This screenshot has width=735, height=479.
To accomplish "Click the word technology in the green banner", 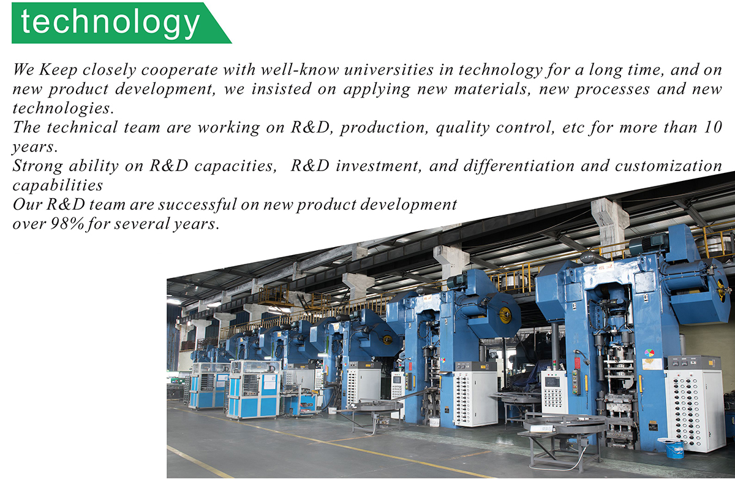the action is coord(110,23).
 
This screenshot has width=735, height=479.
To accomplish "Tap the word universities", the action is coord(389,70).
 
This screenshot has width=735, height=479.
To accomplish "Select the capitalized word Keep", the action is coord(58,71).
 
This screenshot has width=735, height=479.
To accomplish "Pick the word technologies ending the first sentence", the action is coord(63,109).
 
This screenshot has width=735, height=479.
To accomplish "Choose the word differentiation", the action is coord(519,166).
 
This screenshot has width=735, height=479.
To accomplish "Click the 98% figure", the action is coord(67,224).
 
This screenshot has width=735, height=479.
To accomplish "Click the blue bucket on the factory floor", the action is coord(674,450).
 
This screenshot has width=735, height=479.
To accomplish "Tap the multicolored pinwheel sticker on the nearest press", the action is coord(649,353).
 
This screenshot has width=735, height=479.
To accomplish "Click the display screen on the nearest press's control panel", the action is coord(553,381).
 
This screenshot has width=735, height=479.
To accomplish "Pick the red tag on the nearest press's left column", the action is coord(577,363).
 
